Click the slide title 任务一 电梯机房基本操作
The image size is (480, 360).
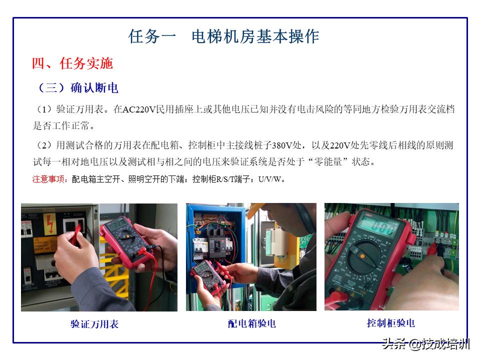coord(223,36)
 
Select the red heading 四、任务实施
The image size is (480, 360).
coord(72,63)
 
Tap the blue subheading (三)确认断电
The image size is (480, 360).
coord(77,88)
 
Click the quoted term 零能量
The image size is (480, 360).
coord(330,162)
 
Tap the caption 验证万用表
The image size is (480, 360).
coord(94,324)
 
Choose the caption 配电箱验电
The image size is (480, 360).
coord(251,323)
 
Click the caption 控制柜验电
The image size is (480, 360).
coord(390,323)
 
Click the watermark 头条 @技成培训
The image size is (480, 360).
coord(425,344)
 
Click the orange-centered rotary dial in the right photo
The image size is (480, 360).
coord(361,255)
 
